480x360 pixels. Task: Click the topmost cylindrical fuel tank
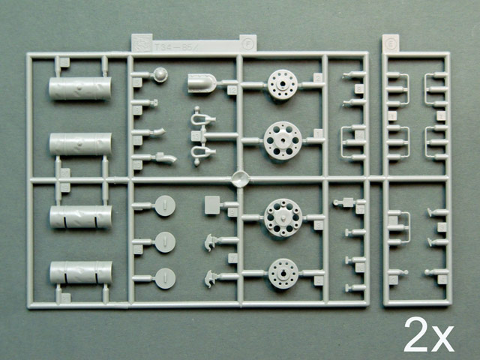point(79,88)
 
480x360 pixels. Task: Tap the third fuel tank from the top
point(80,217)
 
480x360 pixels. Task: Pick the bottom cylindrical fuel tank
point(80,271)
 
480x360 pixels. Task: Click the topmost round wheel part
point(283,85)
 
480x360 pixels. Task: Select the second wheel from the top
point(283,139)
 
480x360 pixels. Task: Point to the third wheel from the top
point(283,217)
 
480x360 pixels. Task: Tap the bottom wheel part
point(283,272)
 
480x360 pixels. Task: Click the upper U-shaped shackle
point(198,117)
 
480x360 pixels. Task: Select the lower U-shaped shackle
point(198,154)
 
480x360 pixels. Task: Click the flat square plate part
point(211,202)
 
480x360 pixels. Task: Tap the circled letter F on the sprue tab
point(246,44)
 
